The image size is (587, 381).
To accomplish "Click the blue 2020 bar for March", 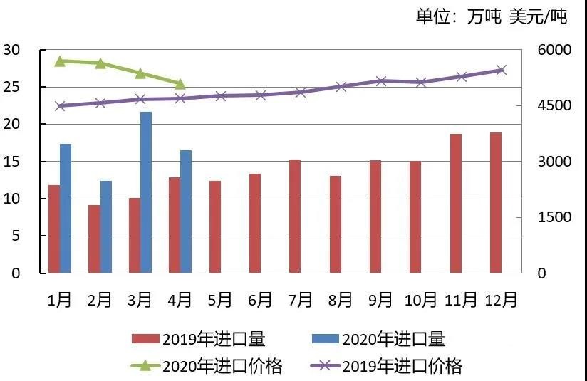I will coord(145,192).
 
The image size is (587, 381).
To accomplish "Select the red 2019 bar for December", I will coord(495,202).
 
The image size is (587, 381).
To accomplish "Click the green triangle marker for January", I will coord(61,61).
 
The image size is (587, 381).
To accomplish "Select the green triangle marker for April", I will coord(180,84).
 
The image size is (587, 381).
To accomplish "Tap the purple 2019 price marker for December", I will coord(501,70).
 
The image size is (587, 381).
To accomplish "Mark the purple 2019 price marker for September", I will coord(381,81).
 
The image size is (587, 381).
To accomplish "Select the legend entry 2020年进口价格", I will coord(207,366).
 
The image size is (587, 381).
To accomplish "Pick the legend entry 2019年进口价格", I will coord(388,366).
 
